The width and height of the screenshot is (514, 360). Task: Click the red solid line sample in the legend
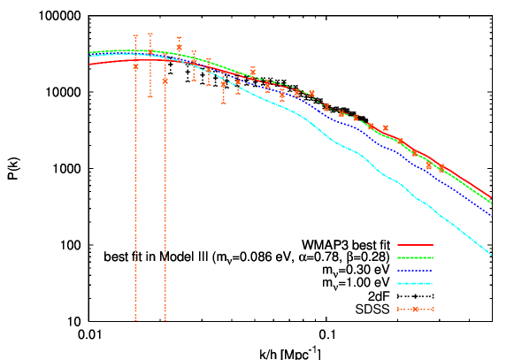pyautogui.click(x=415, y=245)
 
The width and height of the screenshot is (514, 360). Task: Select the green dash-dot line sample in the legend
pyautogui.click(x=415, y=258)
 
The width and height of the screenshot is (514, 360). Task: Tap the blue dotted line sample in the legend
pyautogui.click(x=415, y=271)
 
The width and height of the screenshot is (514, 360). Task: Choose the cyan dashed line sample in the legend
pyautogui.click(x=415, y=284)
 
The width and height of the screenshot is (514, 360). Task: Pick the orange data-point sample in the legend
pyautogui.click(x=415, y=310)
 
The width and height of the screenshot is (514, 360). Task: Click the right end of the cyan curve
pyautogui.click(x=491, y=255)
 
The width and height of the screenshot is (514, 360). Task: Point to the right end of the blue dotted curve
pyautogui.click(x=491, y=215)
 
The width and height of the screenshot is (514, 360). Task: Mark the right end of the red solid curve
pyautogui.click(x=491, y=198)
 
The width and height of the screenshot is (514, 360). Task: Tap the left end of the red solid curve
pyautogui.click(x=89, y=64)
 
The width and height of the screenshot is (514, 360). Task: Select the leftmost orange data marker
pyautogui.click(x=135, y=66)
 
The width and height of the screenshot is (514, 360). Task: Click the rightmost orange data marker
pyautogui.click(x=442, y=168)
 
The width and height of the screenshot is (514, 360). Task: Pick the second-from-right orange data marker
pyautogui.click(x=429, y=165)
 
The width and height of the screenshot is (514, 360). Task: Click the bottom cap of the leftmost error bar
pyautogui.click(x=135, y=321)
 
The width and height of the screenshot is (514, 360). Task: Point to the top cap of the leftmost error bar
pyautogui.click(x=135, y=35)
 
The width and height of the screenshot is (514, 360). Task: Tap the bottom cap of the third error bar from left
pyautogui.click(x=165, y=321)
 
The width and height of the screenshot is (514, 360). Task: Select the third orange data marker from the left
pyautogui.click(x=165, y=80)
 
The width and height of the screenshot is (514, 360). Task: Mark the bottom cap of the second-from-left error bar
pyautogui.click(x=150, y=96)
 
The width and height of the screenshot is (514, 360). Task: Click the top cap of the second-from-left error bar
pyautogui.click(x=150, y=34)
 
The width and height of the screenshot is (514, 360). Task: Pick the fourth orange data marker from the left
pyautogui.click(x=179, y=48)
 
